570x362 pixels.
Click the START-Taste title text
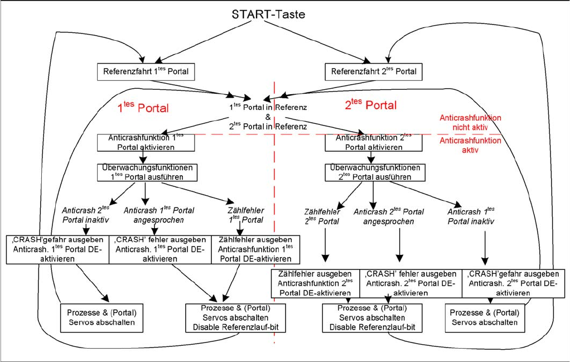pos(268,14)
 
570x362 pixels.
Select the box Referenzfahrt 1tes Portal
pos(146,71)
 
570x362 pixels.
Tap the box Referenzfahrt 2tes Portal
pos(373,71)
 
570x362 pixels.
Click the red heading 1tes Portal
pos(143,107)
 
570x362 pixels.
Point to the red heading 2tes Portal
pos(371,104)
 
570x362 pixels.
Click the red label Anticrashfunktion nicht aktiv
pos(470,123)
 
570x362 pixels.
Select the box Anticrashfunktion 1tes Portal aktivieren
pos(146,143)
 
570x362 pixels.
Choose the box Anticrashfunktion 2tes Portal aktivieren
pos(373,143)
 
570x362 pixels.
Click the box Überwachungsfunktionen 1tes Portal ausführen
pos(146,172)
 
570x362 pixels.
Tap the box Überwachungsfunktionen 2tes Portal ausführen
pos(373,172)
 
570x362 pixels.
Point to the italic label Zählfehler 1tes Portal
pos(245,215)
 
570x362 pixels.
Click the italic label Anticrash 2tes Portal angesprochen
pos(389,216)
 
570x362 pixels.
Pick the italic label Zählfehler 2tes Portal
pos(322,216)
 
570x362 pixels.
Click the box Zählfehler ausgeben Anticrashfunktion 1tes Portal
pos(255,249)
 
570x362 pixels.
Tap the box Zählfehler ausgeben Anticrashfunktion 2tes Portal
pos(316,283)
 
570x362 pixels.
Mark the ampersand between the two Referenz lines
pos(268,117)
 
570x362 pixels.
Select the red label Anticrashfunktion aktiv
pos(470,146)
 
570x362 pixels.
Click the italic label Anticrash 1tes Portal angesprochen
pos(159,215)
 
